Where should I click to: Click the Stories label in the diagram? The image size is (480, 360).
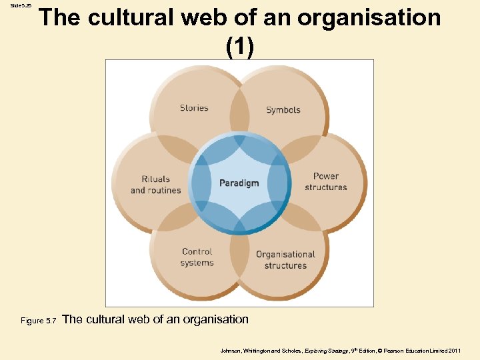pyautogui.click(x=194, y=108)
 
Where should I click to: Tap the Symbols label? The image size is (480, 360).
pyautogui.click(x=283, y=110)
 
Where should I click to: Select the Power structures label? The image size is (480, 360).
pyautogui.click(x=326, y=182)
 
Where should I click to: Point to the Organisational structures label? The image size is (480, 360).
pyautogui.click(x=285, y=260)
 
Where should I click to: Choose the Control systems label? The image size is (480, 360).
pyautogui.click(x=197, y=257)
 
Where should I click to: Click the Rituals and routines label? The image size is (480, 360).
pyautogui.click(x=156, y=185)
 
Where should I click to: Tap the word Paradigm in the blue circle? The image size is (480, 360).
pyautogui.click(x=239, y=183)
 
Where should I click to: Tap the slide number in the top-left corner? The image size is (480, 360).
pyautogui.click(x=20, y=5)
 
